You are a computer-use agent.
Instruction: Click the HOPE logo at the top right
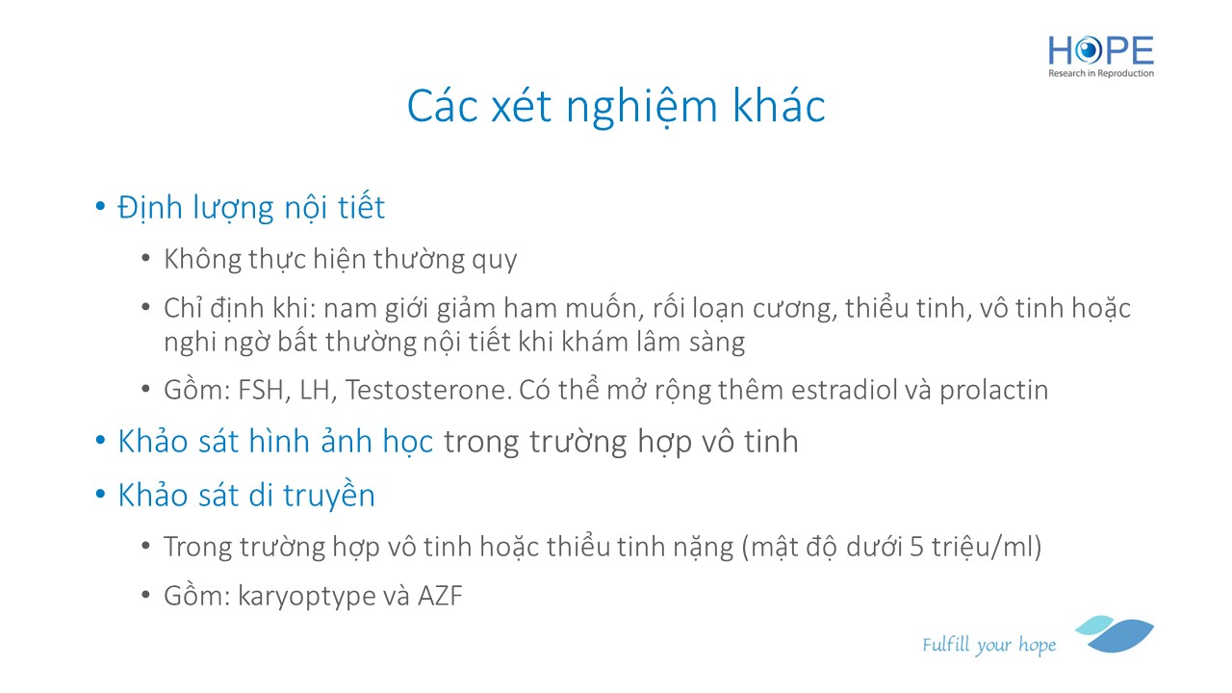pyautogui.click(x=1100, y=57)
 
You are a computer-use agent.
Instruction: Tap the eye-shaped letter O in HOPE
pyautogui.click(x=1088, y=51)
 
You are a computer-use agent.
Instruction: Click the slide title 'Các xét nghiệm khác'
pyautogui.click(x=616, y=106)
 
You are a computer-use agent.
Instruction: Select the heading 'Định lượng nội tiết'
pyautogui.click(x=251, y=208)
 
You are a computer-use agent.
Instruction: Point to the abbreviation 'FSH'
pyautogui.click(x=261, y=390)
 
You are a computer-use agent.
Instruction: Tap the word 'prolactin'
pyautogui.click(x=994, y=390)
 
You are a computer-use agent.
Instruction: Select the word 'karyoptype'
pyautogui.click(x=306, y=597)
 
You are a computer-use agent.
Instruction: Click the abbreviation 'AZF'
pyautogui.click(x=440, y=596)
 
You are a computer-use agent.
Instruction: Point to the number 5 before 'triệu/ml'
pyautogui.click(x=916, y=548)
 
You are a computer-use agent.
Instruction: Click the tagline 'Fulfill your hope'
pyautogui.click(x=988, y=645)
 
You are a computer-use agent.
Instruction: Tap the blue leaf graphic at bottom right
pyautogui.click(x=1115, y=633)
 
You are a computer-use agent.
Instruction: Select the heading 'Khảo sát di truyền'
pyautogui.click(x=246, y=495)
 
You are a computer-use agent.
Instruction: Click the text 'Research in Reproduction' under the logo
pyautogui.click(x=1100, y=73)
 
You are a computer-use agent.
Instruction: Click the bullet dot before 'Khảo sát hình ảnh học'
pyautogui.click(x=100, y=440)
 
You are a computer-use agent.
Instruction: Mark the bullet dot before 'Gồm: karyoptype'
pyautogui.click(x=145, y=595)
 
